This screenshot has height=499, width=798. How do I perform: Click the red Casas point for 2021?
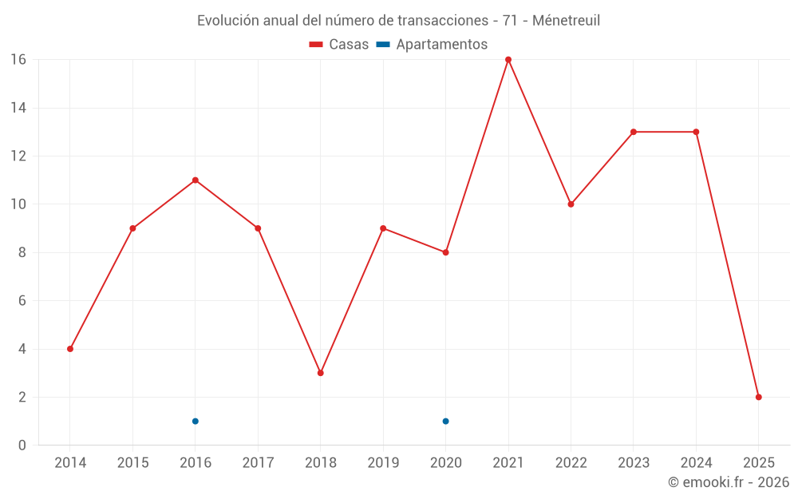508,60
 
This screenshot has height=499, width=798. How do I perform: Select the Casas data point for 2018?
321,373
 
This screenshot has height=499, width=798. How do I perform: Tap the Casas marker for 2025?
759,397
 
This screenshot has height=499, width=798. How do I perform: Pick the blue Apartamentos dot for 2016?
196,422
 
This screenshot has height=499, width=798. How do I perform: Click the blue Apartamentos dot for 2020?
446,422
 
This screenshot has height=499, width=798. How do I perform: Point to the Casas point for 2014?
70,349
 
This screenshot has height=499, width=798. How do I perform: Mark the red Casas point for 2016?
196,180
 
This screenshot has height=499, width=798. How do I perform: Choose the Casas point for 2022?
571,204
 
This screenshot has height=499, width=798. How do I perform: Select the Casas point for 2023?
634,132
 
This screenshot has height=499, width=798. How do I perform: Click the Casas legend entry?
339,45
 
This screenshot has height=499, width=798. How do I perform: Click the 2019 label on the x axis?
383,463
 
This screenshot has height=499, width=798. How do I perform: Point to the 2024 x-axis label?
696,463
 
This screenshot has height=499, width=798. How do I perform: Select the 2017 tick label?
258,463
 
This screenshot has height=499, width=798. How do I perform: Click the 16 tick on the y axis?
18,60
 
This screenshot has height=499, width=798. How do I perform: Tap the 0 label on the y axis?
22,446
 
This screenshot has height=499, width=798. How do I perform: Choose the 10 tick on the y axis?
18,204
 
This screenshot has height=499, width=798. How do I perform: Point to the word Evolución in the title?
227,21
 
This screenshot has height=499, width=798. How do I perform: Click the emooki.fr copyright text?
729,482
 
